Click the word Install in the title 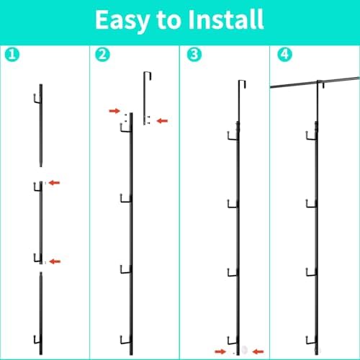tap(226, 19)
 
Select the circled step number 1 tap(12, 55)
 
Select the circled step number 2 tap(102, 55)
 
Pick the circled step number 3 tap(194, 55)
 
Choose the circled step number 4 tap(284, 55)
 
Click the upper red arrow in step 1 tap(54, 183)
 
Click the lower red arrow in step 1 tap(55, 261)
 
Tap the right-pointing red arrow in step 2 tap(114, 111)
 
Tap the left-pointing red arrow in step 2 tap(162, 121)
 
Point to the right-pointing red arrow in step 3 tap(220, 352)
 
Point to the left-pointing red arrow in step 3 tap(258, 352)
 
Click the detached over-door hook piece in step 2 tap(144, 99)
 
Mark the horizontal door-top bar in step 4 tap(315, 83)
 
